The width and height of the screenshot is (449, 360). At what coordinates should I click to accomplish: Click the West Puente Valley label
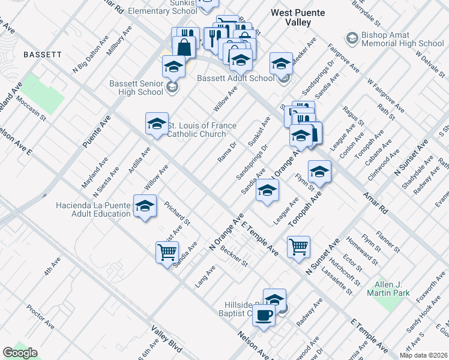tap(298, 17)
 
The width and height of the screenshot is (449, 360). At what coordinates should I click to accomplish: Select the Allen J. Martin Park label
tap(392, 289)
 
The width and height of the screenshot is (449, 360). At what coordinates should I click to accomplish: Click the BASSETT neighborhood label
tap(43, 54)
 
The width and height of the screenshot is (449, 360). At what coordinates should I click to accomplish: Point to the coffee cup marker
tap(263, 316)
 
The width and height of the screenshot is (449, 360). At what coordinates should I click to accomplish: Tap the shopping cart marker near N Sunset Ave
tap(298, 246)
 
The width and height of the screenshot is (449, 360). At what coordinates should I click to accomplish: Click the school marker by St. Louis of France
tap(157, 124)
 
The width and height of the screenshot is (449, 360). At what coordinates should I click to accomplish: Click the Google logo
tap(20, 353)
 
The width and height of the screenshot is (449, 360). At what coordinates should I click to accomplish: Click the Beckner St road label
tap(234, 256)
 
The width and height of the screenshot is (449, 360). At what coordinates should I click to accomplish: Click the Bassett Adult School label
tap(236, 78)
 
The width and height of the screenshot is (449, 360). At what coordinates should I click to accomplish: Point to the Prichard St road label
tap(177, 212)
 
